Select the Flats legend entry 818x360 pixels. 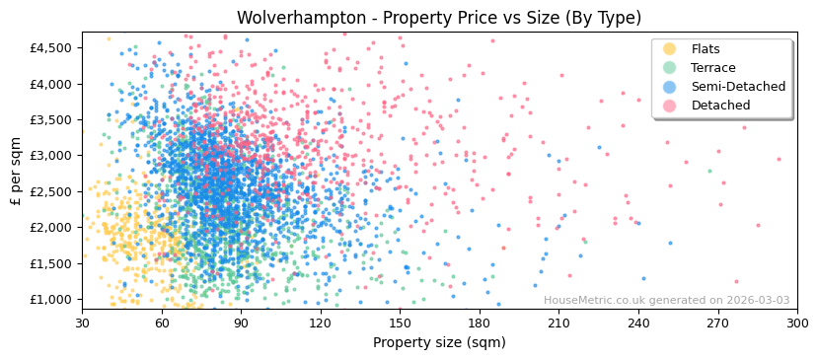tap(705, 49)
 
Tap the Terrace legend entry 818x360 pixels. tap(712, 68)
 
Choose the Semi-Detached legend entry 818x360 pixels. tap(738, 87)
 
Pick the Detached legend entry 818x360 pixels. tap(720, 106)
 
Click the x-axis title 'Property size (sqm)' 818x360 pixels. tap(438, 343)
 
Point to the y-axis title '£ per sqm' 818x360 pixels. tap(17, 172)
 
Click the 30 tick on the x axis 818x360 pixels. tap(82, 323)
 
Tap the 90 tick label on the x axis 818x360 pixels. tap(241, 323)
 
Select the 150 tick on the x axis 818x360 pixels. tap(400, 323)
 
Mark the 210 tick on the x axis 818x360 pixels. tap(558, 323)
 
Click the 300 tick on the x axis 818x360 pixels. tap(796, 323)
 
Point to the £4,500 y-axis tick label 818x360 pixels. tap(49, 48)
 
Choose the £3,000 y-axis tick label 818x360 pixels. tap(49, 156)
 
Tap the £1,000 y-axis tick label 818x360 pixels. tap(49, 300)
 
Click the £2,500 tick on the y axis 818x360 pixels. tap(49, 191)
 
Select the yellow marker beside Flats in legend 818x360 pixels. tap(670, 49)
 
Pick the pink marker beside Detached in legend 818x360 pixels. tap(670, 106)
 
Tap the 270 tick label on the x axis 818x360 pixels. tap(717, 323)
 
